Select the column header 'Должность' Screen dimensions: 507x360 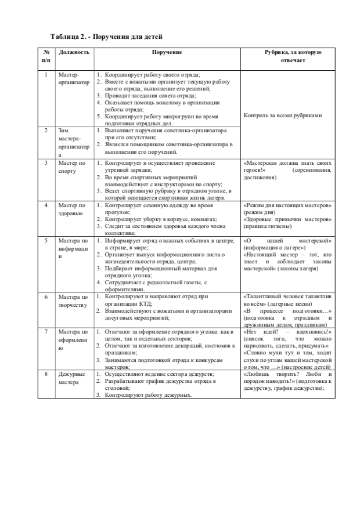coord(74,52)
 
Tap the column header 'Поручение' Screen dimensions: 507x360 coord(167,52)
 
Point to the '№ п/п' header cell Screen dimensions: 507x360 coord(46,56)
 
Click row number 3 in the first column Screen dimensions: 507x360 coord(46,164)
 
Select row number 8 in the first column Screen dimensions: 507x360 coord(46,374)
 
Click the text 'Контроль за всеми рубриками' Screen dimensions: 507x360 coord(283,115)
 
